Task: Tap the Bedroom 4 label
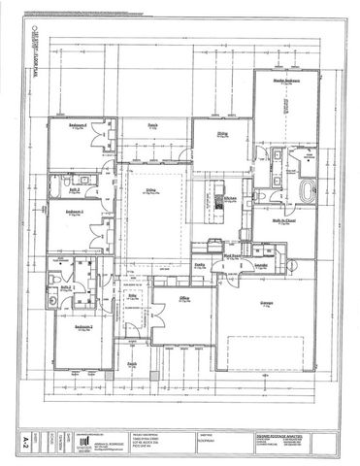80,126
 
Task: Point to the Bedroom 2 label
83,327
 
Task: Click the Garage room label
265,302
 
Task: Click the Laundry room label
261,263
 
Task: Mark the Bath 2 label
68,287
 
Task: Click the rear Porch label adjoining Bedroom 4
152,124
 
